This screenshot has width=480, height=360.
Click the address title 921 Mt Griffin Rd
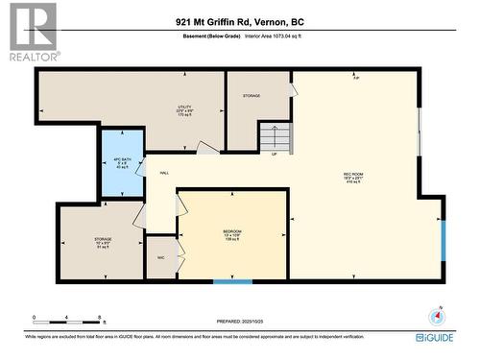click(x=240, y=20)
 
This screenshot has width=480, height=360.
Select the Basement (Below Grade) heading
click(x=211, y=36)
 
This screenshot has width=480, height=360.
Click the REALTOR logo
click(x=31, y=32)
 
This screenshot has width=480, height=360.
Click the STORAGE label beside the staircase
click(x=252, y=96)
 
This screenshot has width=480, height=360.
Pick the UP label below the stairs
click(x=276, y=155)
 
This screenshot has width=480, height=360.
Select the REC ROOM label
click(x=353, y=176)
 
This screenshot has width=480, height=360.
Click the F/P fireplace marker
click(x=356, y=78)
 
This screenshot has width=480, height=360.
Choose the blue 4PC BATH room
click(x=121, y=162)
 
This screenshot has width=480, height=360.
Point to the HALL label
click(x=164, y=173)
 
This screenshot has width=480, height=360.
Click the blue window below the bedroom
click(x=232, y=281)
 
